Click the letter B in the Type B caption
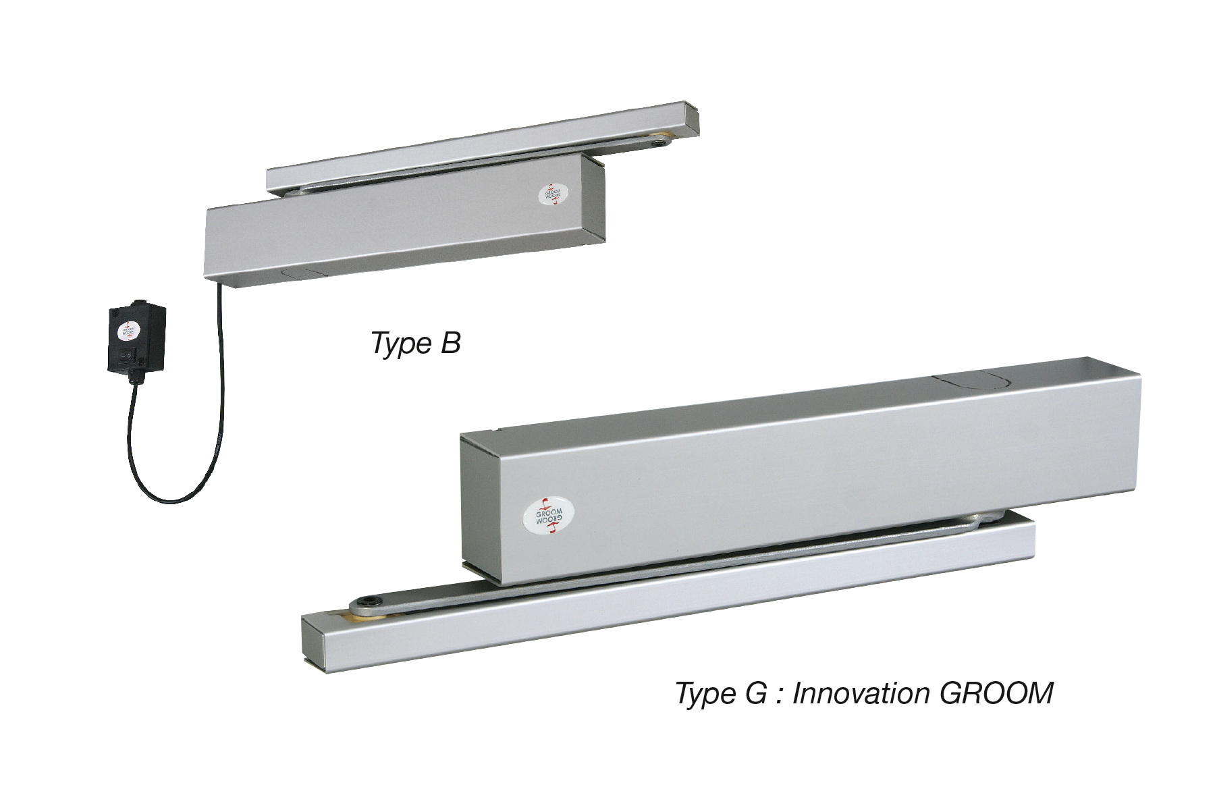coord(450,344)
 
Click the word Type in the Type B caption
coord(393,344)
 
